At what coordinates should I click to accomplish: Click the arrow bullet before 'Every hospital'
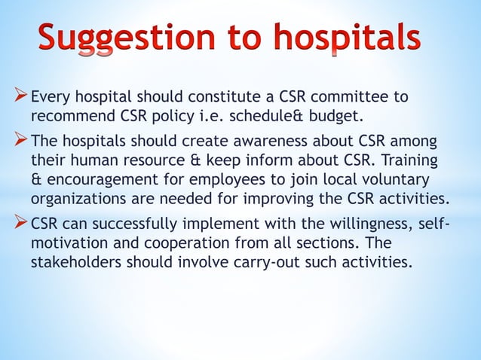point(20,96)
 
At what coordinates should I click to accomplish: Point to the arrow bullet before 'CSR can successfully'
point(20,227)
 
